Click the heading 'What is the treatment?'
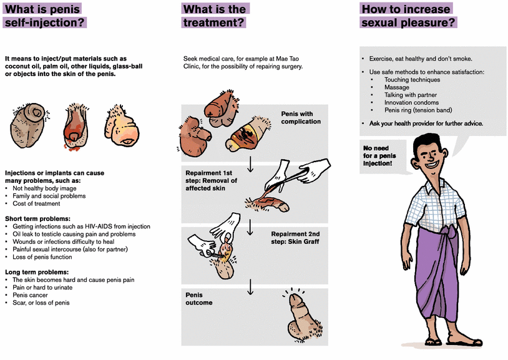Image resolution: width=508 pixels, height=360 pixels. click(x=215, y=16)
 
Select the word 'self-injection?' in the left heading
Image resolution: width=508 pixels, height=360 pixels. click(x=44, y=22)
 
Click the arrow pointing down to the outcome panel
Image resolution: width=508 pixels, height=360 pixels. click(x=250, y=286)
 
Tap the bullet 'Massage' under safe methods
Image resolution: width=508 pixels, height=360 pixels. click(x=398, y=87)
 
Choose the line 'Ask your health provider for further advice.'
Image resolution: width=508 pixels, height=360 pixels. click(x=425, y=123)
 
